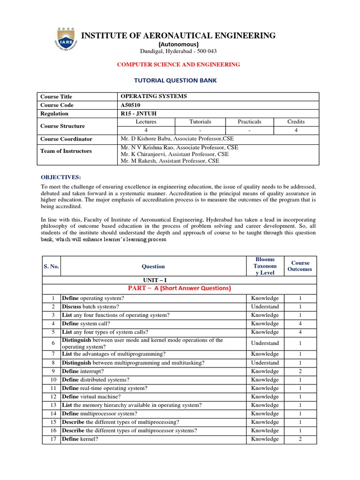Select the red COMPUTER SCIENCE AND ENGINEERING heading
pos(179,64)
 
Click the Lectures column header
pos(146,122)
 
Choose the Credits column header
pos(296,122)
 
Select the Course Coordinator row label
pos(67,139)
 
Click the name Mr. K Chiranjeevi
pos(174,154)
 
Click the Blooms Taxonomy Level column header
pos(265,266)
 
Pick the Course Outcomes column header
pos(300,266)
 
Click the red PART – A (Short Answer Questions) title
pos(180,288)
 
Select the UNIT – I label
pos(153,279)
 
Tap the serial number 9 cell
pos(51,371)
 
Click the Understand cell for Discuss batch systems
pos(265,307)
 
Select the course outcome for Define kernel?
pos(300,439)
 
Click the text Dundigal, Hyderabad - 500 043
pos(179,51)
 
